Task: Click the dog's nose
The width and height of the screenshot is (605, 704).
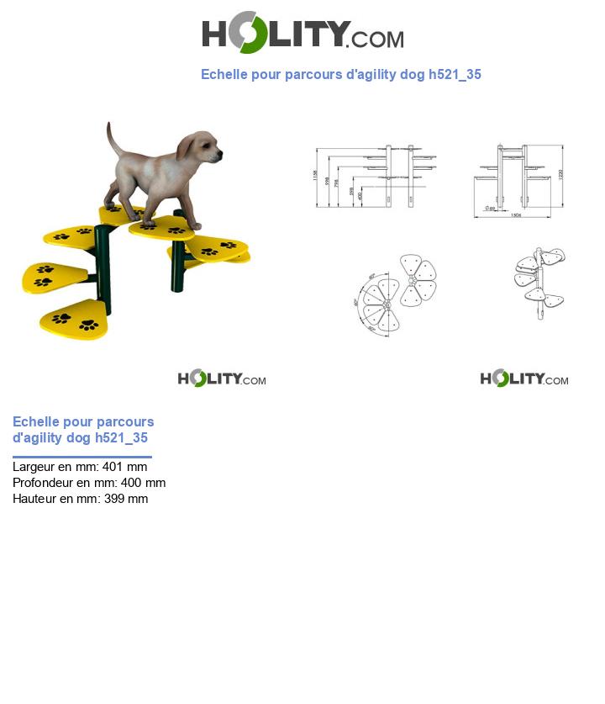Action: coord(220,154)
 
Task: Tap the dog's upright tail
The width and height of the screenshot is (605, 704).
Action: coord(112,138)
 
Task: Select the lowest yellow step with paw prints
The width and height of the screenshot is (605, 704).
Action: coord(74,319)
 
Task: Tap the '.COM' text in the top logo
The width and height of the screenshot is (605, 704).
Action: coord(376,40)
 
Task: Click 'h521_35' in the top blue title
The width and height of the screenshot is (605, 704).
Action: coord(455,74)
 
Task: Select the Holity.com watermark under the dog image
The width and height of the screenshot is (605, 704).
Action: coord(222,378)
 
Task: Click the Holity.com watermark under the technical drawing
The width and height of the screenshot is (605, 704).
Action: coord(524,378)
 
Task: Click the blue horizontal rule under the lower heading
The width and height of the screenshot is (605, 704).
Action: coord(82,457)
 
